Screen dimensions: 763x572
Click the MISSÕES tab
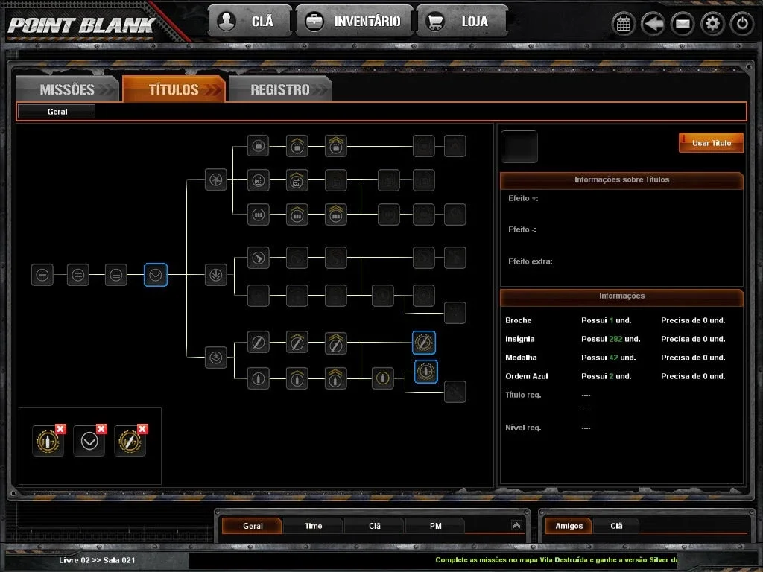pos(67,89)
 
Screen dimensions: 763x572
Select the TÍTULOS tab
pos(174,89)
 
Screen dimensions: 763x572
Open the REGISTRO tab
pos(280,89)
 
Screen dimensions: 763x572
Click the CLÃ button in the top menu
pos(250,22)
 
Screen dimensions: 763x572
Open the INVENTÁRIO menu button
pos(354,22)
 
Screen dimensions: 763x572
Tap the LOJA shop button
pos(461,22)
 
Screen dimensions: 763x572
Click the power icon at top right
pos(742,23)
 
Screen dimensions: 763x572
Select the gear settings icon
pos(712,23)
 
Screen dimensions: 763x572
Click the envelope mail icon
pos(683,23)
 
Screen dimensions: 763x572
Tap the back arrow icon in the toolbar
pos(653,23)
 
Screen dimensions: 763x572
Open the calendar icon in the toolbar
pos(624,23)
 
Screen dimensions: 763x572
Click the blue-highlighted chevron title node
pos(156,275)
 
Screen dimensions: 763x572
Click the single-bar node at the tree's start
pos(42,275)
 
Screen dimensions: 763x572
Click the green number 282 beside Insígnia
pos(615,339)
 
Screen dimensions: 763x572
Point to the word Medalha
pos(521,357)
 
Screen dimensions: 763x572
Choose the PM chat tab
pos(435,526)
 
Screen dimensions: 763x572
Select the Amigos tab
pos(569,526)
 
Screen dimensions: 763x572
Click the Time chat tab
pos(314,526)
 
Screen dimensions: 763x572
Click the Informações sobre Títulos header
pos(621,180)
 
